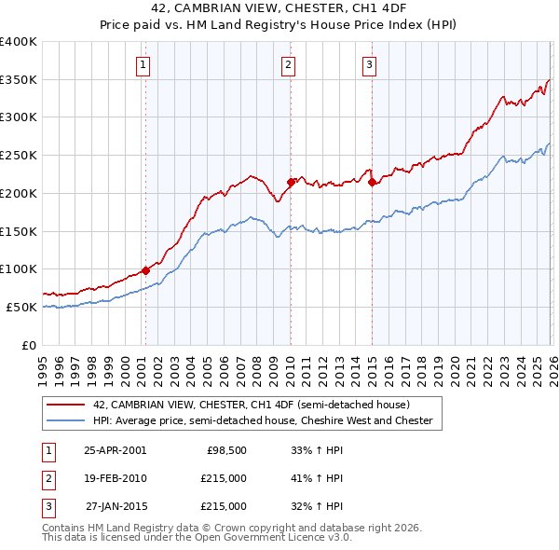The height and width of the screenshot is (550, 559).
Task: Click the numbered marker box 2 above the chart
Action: pos(289,64)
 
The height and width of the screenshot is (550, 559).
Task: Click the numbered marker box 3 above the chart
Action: pos(370,64)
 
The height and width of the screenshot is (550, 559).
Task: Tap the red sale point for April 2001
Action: pos(145,270)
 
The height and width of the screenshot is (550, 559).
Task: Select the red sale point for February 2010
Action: pos(291,182)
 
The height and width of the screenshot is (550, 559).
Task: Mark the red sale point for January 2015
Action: pos(372,182)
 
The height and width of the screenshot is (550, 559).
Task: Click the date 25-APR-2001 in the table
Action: pos(115,449)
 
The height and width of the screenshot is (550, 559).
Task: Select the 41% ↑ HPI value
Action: pos(317,478)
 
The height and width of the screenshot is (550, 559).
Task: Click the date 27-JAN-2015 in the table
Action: pos(115,506)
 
